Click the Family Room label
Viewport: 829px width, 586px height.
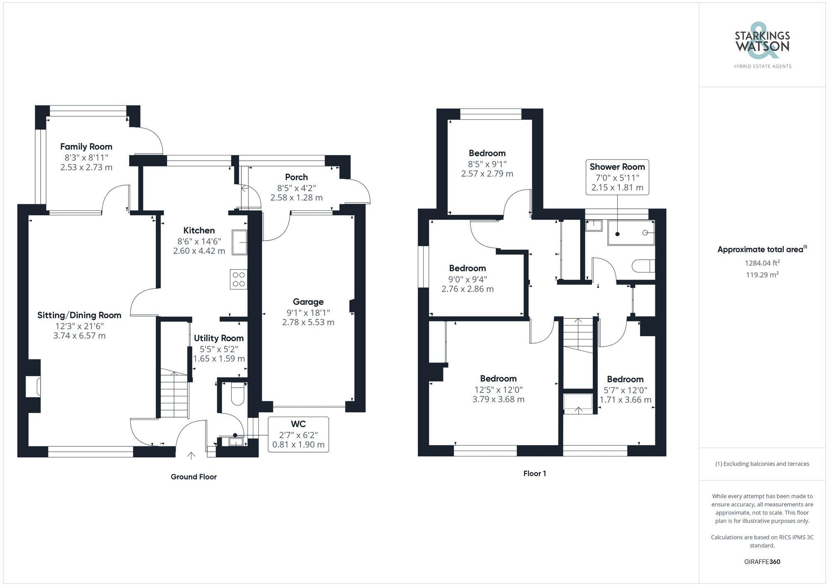point(86,147)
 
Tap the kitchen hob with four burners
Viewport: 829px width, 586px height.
point(239,279)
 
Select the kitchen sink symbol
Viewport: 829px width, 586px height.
point(240,242)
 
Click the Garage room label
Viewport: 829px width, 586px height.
point(308,302)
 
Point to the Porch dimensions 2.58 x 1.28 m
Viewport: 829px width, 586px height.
point(296,198)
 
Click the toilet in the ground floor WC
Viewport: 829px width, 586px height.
point(238,394)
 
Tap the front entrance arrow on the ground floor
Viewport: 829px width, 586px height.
point(191,456)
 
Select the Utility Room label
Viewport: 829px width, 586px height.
point(218,338)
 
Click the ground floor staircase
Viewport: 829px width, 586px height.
point(174,393)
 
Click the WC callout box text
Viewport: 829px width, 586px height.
point(298,434)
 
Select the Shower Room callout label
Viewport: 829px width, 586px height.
point(617,167)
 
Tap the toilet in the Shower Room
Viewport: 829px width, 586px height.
point(644,265)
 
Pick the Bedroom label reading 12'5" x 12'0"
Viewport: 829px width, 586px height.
point(498,379)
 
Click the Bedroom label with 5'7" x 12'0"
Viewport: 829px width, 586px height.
point(625,379)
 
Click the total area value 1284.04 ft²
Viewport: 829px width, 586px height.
point(762,263)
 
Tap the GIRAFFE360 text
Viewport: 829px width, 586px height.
point(762,562)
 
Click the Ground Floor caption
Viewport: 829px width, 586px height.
point(194,477)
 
